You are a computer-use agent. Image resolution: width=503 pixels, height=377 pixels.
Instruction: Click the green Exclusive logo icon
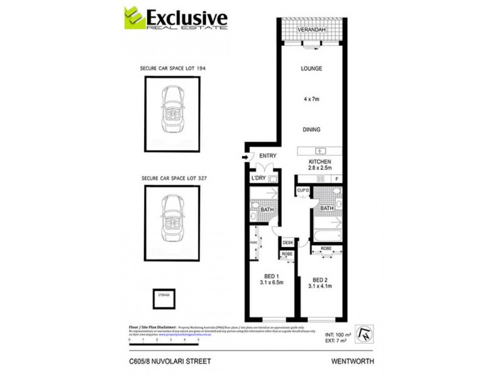pos(134,17)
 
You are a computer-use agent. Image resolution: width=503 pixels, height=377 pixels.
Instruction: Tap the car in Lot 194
pos(172,114)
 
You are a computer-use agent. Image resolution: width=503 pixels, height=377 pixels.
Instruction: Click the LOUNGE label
pos(311,68)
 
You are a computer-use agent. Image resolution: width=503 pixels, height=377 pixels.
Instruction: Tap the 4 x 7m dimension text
pos(311,99)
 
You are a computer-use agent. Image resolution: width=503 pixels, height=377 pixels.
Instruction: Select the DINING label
pos(311,129)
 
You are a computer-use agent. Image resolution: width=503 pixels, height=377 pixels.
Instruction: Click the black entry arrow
pos(244,158)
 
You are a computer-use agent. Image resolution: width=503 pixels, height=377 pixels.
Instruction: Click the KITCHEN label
pos(319,161)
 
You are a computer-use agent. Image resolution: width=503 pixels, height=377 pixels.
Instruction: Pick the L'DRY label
pos(258,180)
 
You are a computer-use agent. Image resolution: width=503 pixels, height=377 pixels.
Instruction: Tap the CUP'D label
pos(302,190)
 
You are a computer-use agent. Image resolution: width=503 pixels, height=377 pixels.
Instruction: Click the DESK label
pos(288,242)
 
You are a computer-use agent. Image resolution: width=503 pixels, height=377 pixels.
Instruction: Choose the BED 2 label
pos(319,280)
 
